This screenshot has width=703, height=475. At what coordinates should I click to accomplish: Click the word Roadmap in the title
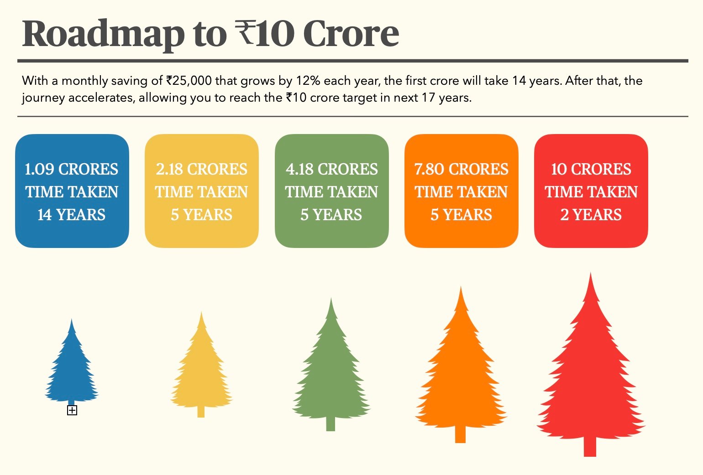[103, 34]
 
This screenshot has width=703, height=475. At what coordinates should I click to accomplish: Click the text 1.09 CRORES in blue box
[72, 169]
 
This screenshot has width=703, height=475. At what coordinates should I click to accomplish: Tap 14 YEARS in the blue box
[72, 214]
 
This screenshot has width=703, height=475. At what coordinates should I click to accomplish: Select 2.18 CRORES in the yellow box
[201, 169]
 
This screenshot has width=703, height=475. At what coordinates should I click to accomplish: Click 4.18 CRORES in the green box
[331, 169]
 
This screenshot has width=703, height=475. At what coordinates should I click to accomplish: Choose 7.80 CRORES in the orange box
[461, 169]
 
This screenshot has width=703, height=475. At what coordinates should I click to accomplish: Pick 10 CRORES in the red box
[591, 169]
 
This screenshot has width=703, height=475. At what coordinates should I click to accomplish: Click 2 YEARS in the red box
[591, 214]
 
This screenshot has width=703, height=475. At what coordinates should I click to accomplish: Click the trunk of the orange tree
[460, 434]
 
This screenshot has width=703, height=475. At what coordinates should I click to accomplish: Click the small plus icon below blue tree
[72, 410]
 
